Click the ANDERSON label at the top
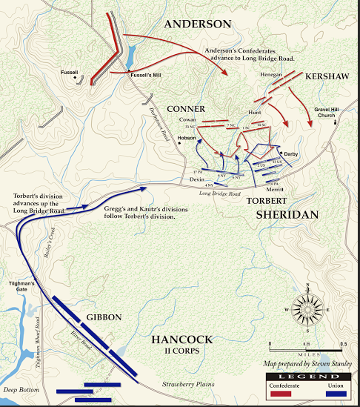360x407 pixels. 197,24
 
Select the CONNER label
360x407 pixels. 186,109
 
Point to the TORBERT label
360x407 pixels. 264,200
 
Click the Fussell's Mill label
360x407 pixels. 145,75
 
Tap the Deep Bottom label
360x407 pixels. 19,389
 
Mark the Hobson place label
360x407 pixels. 187,138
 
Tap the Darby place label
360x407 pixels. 289,153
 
